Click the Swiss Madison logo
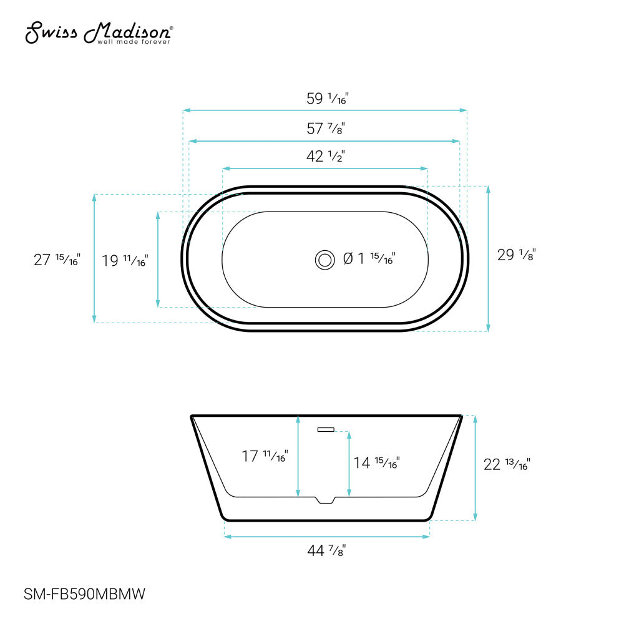point(99,33)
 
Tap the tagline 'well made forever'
point(133,41)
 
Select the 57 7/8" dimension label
point(325,129)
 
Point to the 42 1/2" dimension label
point(325,157)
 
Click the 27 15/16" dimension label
point(57,260)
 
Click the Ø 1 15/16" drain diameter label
point(369,258)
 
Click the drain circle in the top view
point(324,259)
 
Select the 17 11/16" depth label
point(264,457)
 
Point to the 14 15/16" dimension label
point(376,462)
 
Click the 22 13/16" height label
point(507,464)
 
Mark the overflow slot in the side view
point(326,429)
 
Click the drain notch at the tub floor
point(325,500)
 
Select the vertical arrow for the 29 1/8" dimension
point(488,258)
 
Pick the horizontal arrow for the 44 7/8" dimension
point(326,536)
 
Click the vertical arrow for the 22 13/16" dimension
point(475,468)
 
